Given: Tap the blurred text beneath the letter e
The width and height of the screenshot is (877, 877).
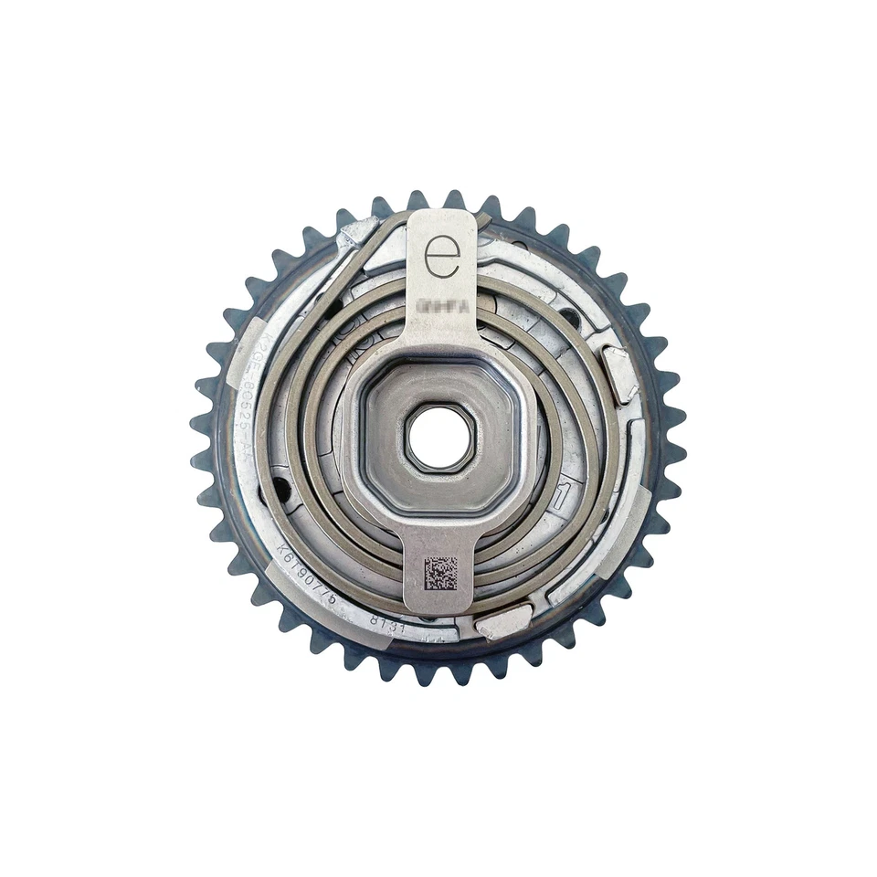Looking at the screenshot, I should coord(442,308).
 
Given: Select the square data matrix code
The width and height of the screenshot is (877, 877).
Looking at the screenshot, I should coord(440,573).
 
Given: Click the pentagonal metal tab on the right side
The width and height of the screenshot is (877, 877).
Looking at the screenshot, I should coord(620,373).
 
